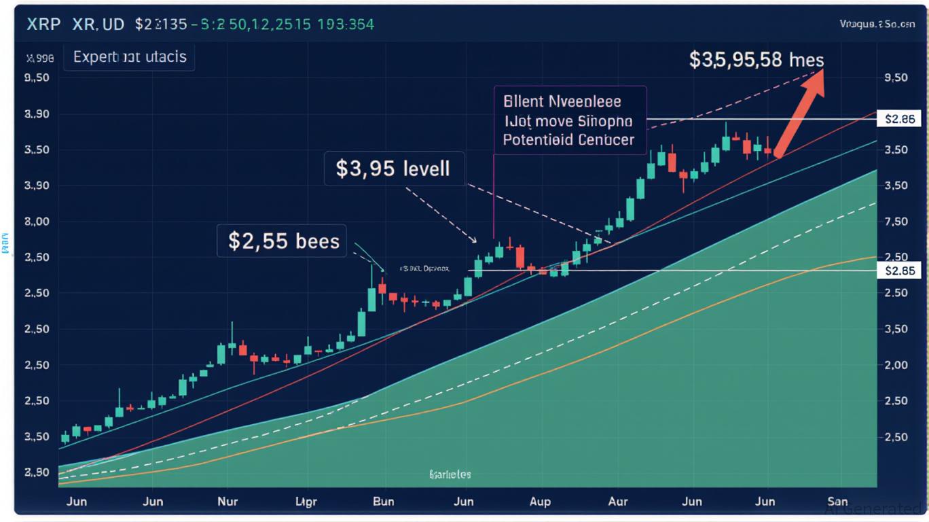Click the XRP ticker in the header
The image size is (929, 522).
tap(44, 24)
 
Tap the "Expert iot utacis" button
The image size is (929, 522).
tap(129, 57)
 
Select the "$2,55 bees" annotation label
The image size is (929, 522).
tap(283, 241)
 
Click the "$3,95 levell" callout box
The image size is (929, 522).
tap(393, 167)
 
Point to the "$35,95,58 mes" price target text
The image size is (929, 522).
tap(756, 60)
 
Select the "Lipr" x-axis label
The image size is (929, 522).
tap(306, 502)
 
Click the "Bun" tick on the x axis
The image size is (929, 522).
tap(384, 502)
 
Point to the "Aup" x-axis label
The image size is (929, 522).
tap(539, 502)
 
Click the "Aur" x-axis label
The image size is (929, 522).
tap(617, 502)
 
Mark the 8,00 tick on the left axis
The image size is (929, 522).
tap(37, 222)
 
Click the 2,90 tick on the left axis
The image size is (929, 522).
tap(37, 472)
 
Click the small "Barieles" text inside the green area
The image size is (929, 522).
tap(450, 474)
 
